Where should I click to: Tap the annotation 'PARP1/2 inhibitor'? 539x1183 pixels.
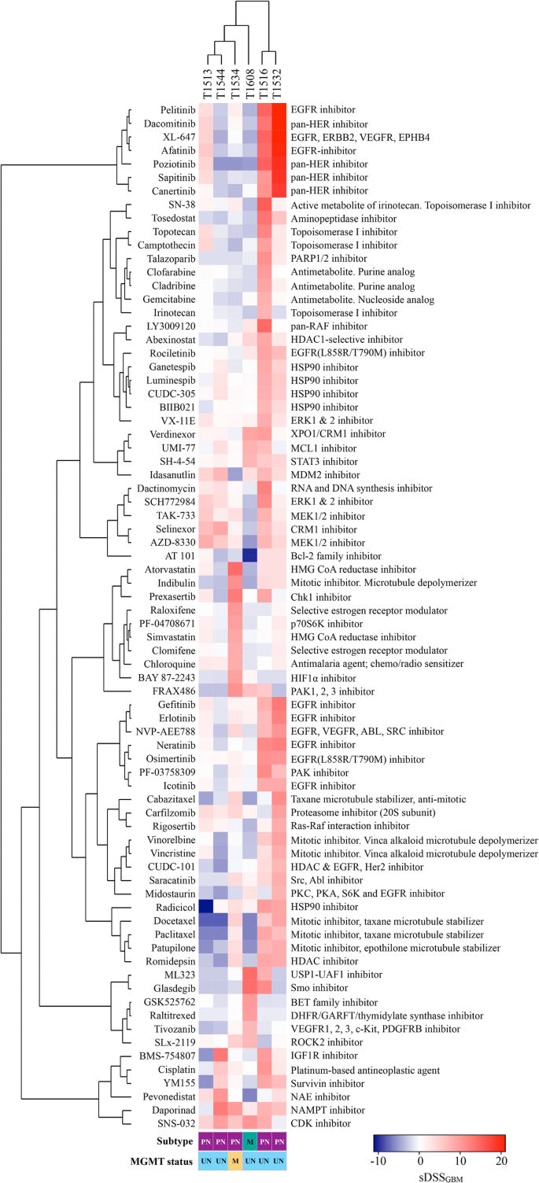(334, 256)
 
